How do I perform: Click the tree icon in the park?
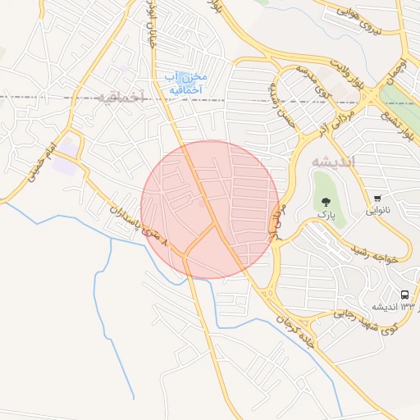(x=326, y=201)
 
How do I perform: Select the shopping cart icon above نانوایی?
(x=377, y=198)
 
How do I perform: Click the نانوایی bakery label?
(x=377, y=210)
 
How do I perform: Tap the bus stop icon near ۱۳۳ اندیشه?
(x=404, y=294)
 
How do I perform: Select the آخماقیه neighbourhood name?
(x=120, y=97)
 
